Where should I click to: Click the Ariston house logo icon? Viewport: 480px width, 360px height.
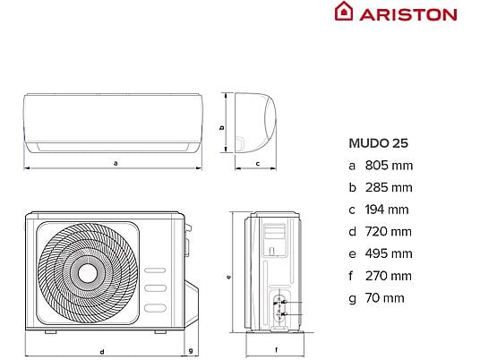click(344, 11)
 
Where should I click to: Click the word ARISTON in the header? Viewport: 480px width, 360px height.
click(408, 14)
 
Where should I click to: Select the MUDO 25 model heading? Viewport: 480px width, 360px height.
click(379, 143)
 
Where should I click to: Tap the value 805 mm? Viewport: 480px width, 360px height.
click(389, 166)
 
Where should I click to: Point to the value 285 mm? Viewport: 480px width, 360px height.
click(389, 188)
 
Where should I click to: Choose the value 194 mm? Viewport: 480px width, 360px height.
click(387, 210)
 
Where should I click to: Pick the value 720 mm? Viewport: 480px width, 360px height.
click(389, 232)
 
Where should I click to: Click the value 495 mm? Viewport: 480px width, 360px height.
click(389, 253)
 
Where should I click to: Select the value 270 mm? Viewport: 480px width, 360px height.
click(389, 276)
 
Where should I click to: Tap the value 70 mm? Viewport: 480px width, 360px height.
click(385, 298)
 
